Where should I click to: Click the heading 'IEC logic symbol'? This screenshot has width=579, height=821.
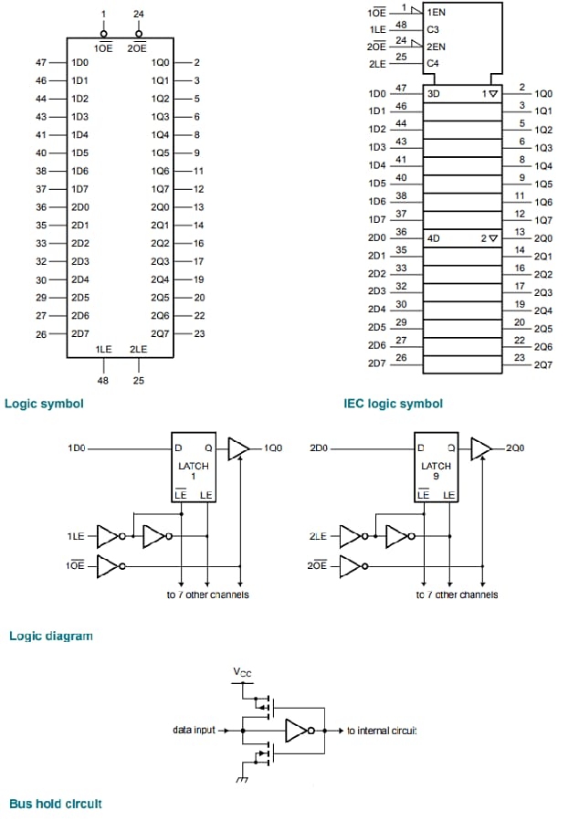393,403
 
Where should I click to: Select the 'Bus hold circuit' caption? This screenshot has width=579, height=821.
56,804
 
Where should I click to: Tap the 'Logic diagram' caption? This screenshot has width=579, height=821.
51,636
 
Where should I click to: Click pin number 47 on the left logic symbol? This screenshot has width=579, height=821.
41,63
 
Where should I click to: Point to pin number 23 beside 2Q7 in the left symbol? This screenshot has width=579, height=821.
199,334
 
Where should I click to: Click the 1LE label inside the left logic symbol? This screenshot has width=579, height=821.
104,350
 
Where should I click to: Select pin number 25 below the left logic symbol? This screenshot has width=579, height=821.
139,380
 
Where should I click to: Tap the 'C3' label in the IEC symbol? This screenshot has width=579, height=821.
434,29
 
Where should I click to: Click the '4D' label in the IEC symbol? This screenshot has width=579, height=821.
435,238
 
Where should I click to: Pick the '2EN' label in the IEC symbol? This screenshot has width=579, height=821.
437,46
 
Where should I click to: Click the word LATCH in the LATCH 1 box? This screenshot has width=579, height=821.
193,466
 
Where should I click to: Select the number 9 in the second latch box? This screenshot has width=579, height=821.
437,476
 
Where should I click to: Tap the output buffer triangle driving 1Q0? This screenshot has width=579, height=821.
237,448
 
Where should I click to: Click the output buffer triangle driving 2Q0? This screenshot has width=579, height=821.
481,448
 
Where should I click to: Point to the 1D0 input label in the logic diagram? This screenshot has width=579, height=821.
78,448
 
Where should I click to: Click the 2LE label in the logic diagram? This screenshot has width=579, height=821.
320,536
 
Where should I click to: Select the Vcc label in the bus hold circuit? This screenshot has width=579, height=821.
241,673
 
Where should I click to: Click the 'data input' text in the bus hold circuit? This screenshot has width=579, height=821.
194,731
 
